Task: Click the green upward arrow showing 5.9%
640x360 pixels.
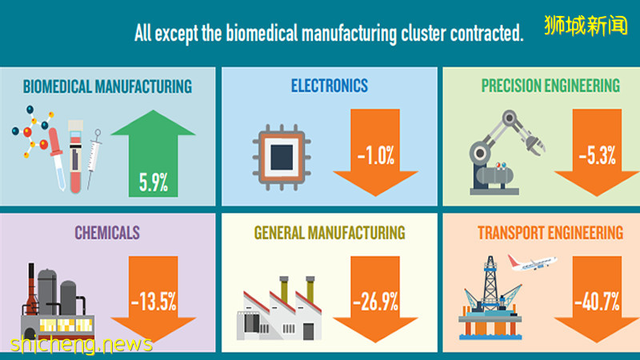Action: [x=152, y=156]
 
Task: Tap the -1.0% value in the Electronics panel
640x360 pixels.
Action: [x=375, y=155]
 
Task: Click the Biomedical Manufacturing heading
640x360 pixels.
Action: [x=107, y=86]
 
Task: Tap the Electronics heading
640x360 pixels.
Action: [x=330, y=85]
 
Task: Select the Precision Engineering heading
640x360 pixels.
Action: [x=550, y=85]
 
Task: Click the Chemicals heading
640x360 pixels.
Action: [x=107, y=233]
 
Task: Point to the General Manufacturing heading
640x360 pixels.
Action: [x=330, y=233]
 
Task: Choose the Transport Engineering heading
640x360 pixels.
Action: [x=550, y=233]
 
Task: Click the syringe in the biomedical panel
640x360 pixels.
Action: [x=94, y=156]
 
